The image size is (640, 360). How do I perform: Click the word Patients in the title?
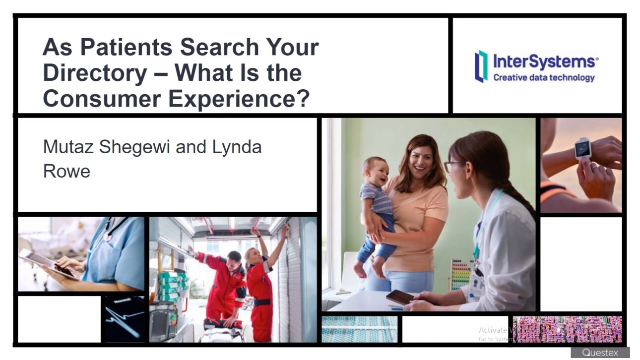(126, 48)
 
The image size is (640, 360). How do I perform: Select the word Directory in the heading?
(95, 73)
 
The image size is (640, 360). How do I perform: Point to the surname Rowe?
(66, 171)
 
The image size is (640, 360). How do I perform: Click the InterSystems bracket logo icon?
(481, 66)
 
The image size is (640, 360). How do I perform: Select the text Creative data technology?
(544, 77)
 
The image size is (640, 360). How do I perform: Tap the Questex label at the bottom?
(600, 353)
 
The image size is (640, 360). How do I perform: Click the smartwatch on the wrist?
(583, 147)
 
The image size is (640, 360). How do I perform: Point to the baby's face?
(377, 172)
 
